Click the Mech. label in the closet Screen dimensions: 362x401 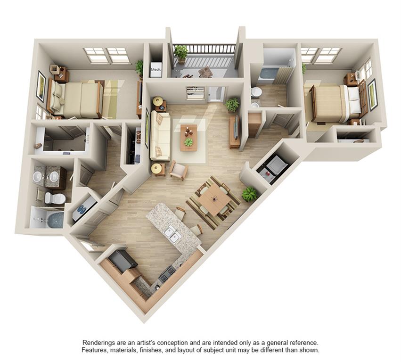(x=155, y=70)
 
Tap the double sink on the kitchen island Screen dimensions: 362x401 (x=171, y=234)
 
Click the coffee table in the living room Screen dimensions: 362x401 (x=188, y=137)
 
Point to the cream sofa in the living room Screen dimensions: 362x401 (x=159, y=137)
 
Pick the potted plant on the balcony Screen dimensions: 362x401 (x=180, y=53)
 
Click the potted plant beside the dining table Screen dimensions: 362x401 (x=249, y=193)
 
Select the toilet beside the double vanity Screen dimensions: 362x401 (x=55, y=198)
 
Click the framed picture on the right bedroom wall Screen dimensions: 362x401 (x=372, y=94)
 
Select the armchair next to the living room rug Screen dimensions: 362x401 (x=178, y=170)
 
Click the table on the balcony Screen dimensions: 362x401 (x=205, y=72)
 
